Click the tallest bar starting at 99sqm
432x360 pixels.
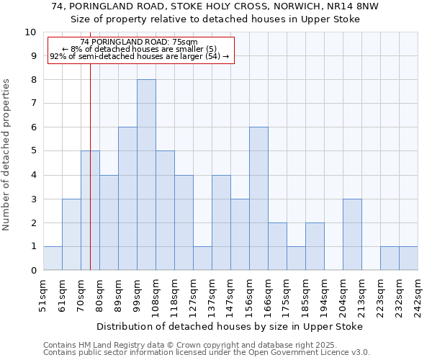pyautogui.click(x=146, y=175)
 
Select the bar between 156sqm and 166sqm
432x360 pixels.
pyautogui.click(x=258, y=199)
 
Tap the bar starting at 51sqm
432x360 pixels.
pyautogui.click(x=53, y=258)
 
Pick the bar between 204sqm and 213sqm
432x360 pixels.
pyautogui.click(x=352, y=235)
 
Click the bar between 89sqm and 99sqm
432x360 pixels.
pyautogui.click(x=127, y=199)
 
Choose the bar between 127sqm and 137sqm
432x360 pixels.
pyautogui.click(x=202, y=258)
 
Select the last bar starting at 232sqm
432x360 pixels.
pyautogui.click(x=408, y=258)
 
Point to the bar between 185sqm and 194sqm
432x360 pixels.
pyautogui.click(x=315, y=247)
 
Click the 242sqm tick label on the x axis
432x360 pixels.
pyautogui.click(x=418, y=295)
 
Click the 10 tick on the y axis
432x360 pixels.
pyautogui.click(x=30, y=32)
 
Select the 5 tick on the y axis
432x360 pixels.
pyautogui.click(x=33, y=152)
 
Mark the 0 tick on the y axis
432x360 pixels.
pyautogui.click(x=33, y=271)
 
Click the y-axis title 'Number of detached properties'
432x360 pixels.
pyautogui.click(x=6, y=155)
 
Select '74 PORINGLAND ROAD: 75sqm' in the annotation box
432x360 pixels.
pyautogui.click(x=140, y=42)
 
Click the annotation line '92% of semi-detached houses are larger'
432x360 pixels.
pyautogui.click(x=140, y=56)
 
